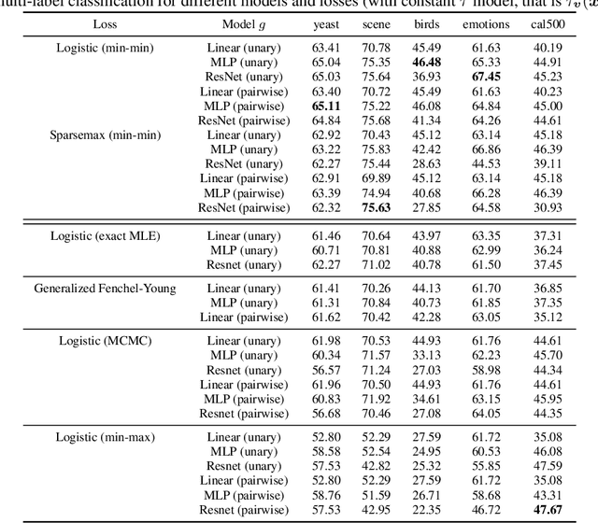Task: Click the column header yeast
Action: (326, 24)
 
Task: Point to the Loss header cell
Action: (106, 24)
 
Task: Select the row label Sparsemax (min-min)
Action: (106, 134)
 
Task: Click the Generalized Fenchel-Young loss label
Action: (106, 289)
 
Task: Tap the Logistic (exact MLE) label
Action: (106, 235)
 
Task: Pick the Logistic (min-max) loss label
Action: (106, 436)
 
